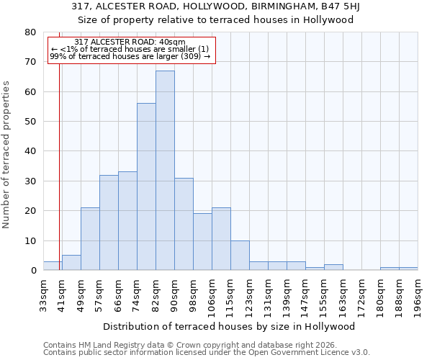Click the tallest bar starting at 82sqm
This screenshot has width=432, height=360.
click(165, 171)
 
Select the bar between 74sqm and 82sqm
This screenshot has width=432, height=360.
click(146, 187)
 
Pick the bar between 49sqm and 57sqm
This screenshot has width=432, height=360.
click(90, 239)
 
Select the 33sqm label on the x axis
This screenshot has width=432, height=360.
click(43, 293)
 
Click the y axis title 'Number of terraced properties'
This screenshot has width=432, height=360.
click(6, 154)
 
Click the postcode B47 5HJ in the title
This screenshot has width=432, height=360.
click(333, 6)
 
